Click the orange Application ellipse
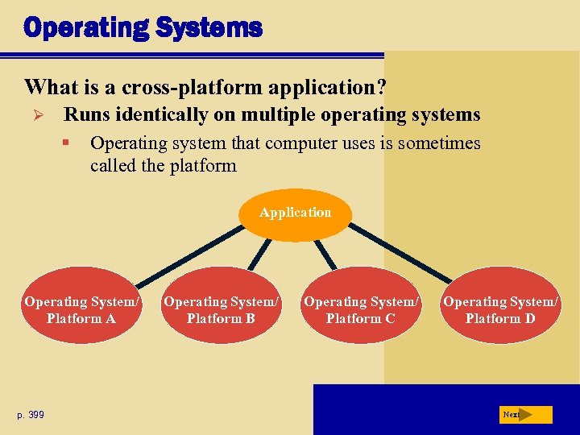tap(296, 213)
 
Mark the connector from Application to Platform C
tap(326, 254)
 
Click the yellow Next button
tap(524, 415)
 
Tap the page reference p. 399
tap(31, 415)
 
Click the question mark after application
tap(382, 85)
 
